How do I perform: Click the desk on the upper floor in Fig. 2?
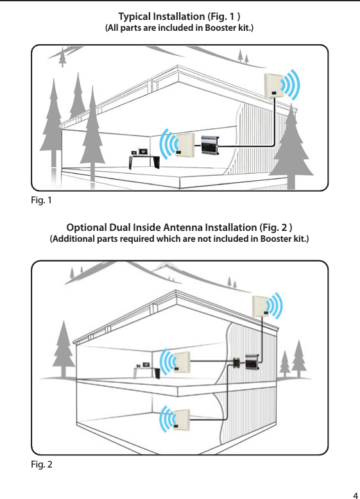146,369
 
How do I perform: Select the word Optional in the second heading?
89,227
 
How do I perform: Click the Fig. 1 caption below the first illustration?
40,201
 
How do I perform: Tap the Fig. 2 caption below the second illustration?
41,464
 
